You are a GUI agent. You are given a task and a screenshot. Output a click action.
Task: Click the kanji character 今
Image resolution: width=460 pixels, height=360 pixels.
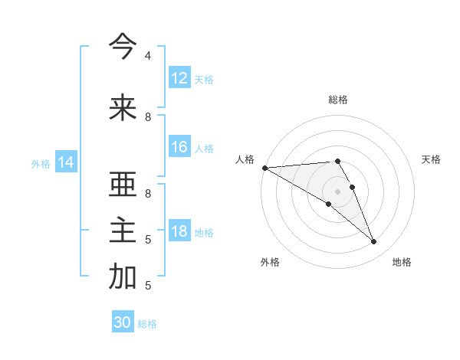coord(123,47)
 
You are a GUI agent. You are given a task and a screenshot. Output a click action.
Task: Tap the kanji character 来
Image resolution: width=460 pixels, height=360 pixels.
coord(123,108)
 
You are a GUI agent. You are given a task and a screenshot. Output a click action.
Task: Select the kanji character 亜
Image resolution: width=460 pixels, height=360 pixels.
coord(123,185)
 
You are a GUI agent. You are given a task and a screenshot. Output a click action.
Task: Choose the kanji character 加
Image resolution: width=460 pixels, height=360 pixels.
coord(123,277)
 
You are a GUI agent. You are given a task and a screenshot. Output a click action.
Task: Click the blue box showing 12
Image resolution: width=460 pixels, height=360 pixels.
coord(179,78)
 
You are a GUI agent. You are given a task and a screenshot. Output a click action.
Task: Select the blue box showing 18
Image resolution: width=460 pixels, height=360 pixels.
coord(179,231)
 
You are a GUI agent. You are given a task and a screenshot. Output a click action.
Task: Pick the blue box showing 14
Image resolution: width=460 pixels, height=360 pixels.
coord(66,162)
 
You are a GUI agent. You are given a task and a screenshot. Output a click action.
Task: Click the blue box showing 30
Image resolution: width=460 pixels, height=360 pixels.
coord(123,322)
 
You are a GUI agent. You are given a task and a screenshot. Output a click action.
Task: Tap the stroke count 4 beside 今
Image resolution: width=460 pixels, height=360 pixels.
coord(148,56)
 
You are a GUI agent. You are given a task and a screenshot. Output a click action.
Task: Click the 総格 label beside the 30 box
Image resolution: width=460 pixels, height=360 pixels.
coord(147,324)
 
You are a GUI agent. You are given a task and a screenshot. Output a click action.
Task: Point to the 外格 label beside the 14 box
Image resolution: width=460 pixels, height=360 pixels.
coord(41,163)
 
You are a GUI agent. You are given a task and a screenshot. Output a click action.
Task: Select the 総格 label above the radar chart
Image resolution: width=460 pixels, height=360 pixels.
coord(338,100)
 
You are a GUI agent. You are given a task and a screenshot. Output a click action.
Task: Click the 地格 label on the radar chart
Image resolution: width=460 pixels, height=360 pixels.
coord(402,262)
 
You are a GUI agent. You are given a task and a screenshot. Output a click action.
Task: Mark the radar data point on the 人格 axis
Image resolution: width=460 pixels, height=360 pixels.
coord(264,167)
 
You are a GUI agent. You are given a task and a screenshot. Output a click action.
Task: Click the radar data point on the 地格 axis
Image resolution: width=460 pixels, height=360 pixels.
coord(374,242)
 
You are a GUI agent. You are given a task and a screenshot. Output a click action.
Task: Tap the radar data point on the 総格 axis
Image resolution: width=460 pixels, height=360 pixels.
coord(337,161)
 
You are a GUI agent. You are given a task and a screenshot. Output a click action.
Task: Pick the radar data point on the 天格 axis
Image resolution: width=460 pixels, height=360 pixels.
coord(353,187)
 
